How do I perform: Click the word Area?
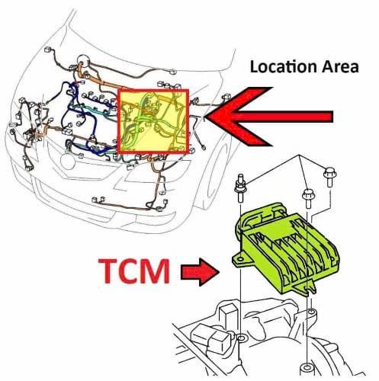(x=341, y=66)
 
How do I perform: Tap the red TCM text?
(x=134, y=271)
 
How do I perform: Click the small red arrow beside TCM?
(x=200, y=272)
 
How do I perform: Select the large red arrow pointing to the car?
(x=269, y=117)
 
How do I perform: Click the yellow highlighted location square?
(x=153, y=121)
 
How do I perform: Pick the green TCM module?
(x=286, y=249)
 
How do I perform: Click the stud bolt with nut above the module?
(x=240, y=188)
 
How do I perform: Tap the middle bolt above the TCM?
(x=308, y=198)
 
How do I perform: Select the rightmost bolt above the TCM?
(x=329, y=177)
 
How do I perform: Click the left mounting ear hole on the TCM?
(x=240, y=260)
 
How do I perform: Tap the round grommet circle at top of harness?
(x=83, y=61)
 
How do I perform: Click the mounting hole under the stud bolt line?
(x=240, y=338)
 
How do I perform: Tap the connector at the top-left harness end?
(x=48, y=50)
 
